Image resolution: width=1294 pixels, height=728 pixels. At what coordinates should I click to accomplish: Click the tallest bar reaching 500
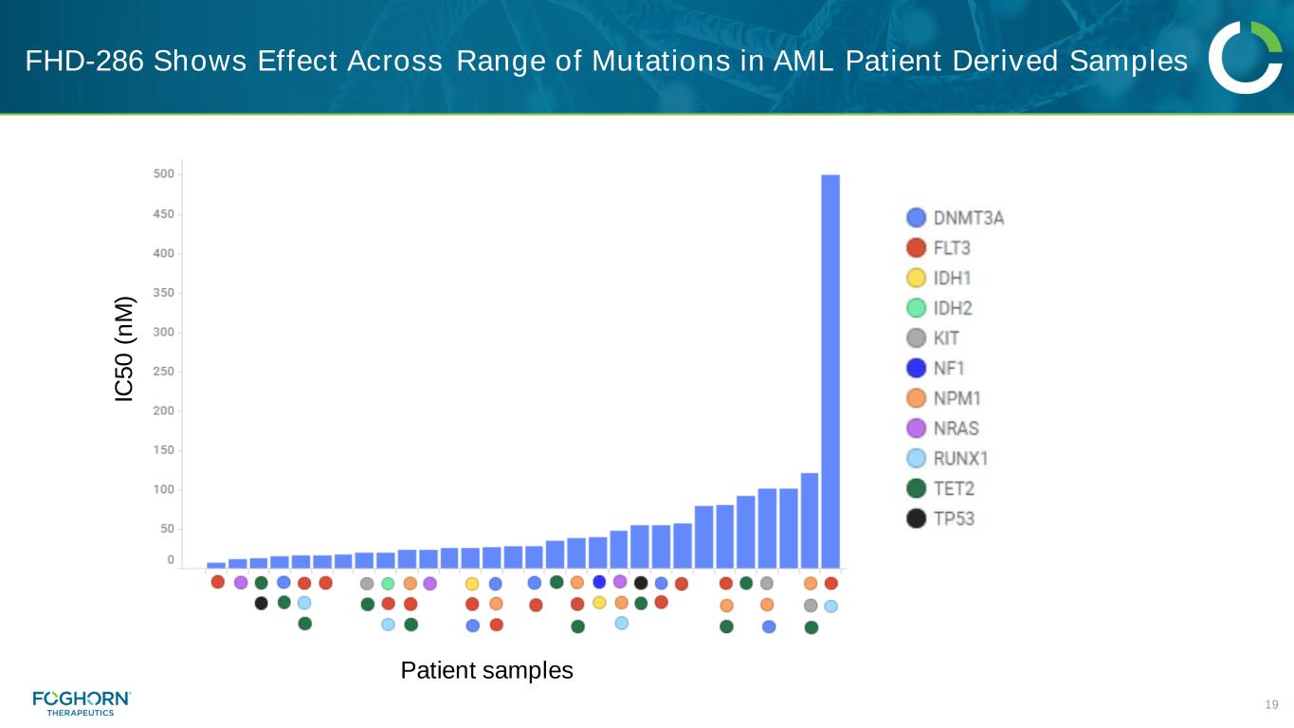[830, 370]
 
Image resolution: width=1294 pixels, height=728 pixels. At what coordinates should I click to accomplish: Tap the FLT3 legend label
[952, 248]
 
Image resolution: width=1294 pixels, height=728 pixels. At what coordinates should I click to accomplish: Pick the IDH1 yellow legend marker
[917, 278]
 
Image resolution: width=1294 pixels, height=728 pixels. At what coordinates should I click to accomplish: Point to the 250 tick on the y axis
[163, 372]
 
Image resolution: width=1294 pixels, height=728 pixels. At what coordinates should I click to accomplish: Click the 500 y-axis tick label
[163, 174]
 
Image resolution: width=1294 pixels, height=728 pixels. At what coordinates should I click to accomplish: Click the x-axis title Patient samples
[486, 671]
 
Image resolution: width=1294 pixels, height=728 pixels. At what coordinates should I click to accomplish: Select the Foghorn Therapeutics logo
[82, 702]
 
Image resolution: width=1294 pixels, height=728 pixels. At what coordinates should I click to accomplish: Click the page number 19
[1272, 704]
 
